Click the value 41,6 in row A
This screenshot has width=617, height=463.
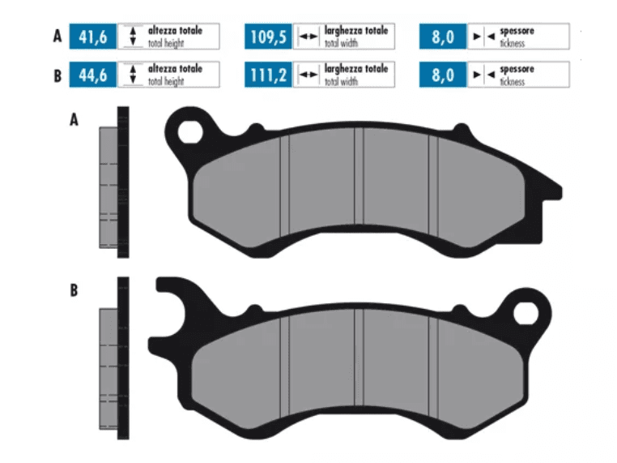pos(93,36)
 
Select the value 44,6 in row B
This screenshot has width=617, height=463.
pos(93,75)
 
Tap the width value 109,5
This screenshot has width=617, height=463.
pos(268,36)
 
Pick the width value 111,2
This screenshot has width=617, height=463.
pos(268,75)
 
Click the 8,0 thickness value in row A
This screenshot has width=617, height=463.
pos(444,36)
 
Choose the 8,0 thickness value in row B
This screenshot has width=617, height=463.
pos(444,75)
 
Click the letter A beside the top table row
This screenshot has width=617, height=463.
pos(57,36)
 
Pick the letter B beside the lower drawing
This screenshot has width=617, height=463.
pos(74,290)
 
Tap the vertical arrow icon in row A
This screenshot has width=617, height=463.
pos(132,36)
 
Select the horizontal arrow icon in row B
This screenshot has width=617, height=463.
pos(308,75)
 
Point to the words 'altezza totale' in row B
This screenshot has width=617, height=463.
pos(174,71)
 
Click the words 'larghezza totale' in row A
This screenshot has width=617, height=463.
pos(355,31)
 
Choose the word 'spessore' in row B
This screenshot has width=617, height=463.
pos(517,71)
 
